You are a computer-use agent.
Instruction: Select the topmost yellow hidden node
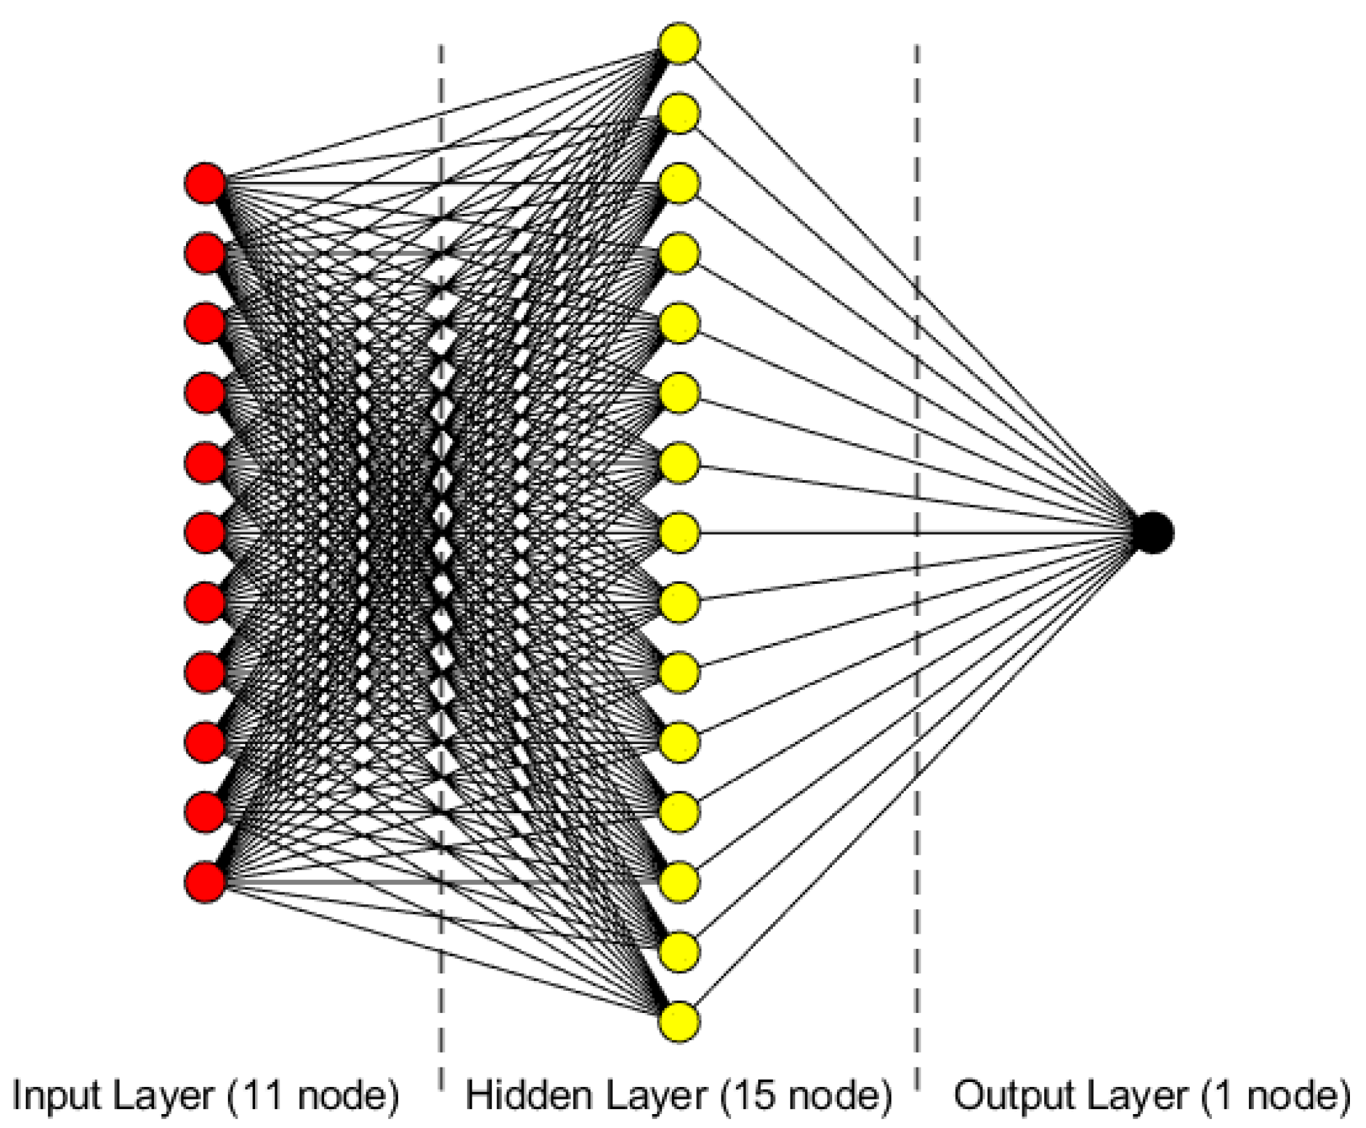679,44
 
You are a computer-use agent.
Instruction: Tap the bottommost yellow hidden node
679,1022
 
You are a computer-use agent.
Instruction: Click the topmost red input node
205,184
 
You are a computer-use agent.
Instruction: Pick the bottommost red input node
205,882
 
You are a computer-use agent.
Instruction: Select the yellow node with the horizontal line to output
679,533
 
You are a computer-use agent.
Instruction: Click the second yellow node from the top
679,114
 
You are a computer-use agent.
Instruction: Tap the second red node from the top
205,254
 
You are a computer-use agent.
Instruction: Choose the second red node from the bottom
205,812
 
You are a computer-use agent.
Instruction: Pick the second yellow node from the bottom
679,952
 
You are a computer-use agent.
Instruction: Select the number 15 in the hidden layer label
755,1095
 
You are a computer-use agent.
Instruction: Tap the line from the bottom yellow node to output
906,787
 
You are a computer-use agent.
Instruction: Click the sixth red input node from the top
205,533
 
